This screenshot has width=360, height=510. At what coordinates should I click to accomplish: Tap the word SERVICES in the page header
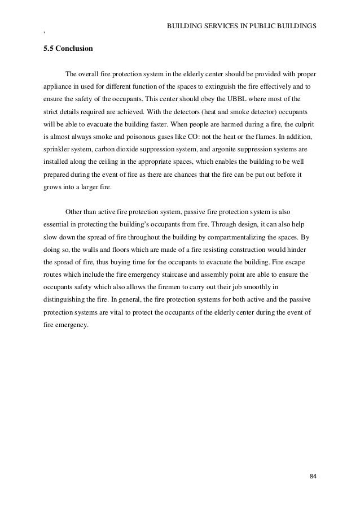pyautogui.click(x=216, y=26)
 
